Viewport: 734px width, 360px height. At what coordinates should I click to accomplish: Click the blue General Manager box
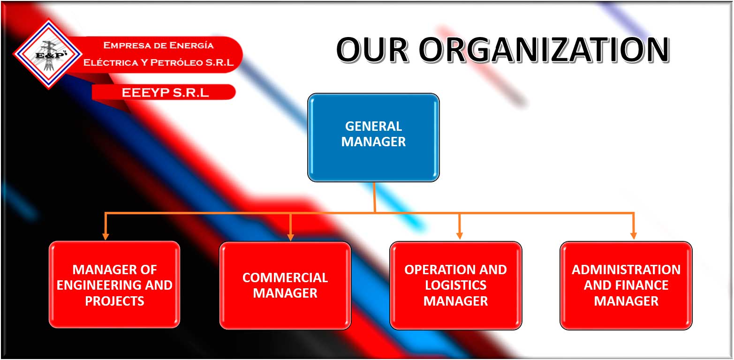373,138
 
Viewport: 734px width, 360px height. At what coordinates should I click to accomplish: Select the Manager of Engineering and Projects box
114,285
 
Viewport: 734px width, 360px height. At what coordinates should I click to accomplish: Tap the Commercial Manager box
285,285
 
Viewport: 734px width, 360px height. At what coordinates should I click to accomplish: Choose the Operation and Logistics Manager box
455,285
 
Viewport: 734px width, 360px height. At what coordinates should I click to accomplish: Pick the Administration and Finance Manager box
626,285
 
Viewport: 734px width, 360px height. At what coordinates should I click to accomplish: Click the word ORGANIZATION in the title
544,50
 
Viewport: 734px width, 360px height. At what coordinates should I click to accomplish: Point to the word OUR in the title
372,50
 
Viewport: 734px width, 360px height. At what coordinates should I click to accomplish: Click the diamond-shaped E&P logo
48,54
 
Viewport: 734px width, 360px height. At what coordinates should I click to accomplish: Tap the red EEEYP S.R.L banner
164,92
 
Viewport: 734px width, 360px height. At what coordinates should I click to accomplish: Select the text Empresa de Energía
158,45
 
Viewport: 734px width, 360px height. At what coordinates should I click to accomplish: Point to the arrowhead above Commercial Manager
290,237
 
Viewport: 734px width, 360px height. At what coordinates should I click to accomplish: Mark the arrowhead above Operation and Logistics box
460,236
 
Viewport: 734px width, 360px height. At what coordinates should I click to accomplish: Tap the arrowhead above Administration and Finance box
634,236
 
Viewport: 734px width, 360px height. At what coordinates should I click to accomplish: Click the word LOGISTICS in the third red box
455,285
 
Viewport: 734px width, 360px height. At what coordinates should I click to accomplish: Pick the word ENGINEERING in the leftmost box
99,285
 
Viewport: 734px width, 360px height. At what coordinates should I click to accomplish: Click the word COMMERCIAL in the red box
285,277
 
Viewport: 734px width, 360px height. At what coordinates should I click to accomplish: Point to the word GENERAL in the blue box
373,126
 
